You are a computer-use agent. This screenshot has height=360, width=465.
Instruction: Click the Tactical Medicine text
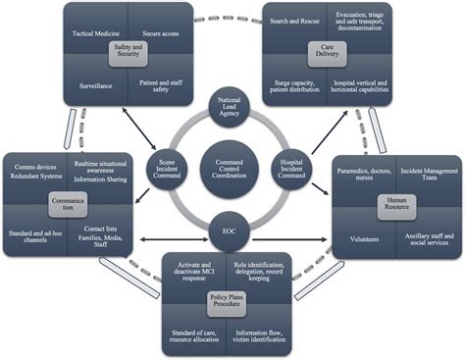click(96, 32)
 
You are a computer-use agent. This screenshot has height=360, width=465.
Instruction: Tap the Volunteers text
click(367, 234)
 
